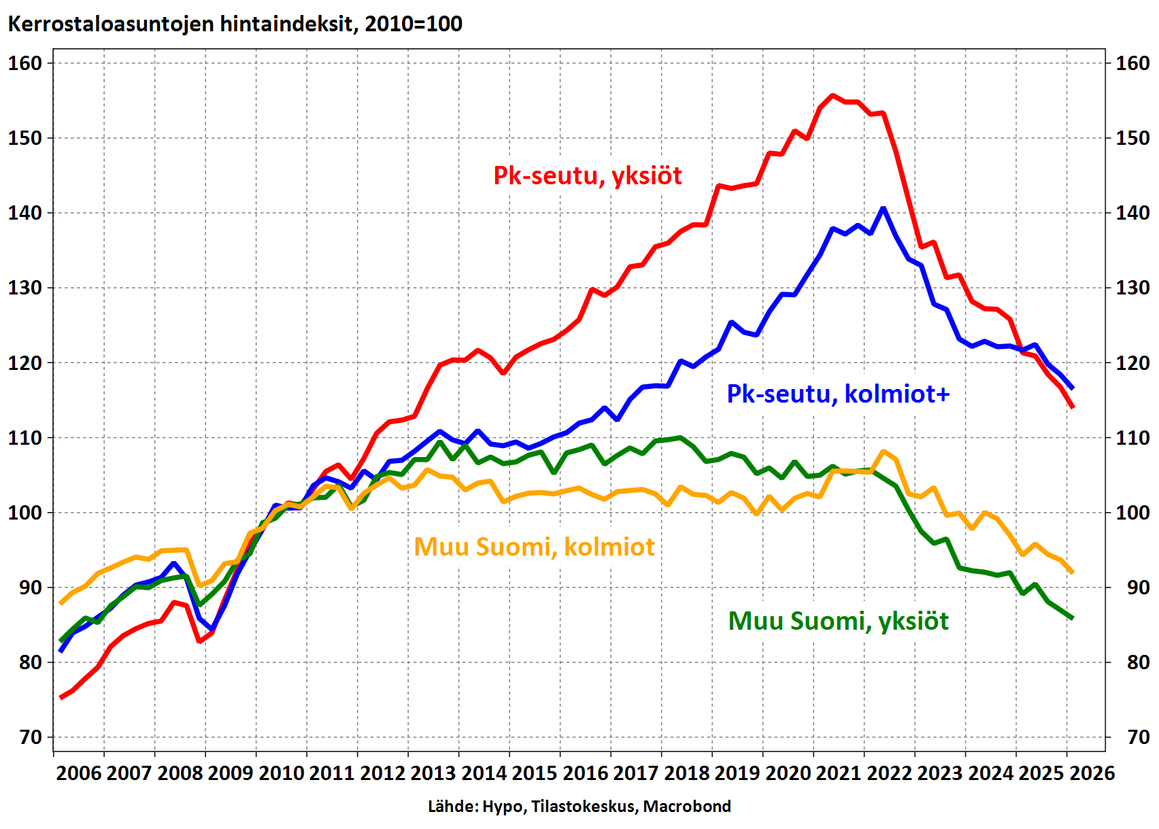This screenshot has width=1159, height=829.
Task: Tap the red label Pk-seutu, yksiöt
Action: [587, 176]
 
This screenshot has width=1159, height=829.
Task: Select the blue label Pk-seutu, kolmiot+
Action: [838, 394]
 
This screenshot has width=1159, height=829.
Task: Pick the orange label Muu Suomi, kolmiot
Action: [534, 547]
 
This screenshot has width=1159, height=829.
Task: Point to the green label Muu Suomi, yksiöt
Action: [838, 622]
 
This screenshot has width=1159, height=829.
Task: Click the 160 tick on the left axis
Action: [25, 63]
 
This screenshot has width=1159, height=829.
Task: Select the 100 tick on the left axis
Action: [25, 513]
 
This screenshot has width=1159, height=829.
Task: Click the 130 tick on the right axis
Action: [1132, 288]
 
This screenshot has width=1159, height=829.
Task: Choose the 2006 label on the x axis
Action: [79, 773]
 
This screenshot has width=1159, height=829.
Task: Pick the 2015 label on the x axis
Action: [535, 773]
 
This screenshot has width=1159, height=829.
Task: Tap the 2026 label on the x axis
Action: [1092, 773]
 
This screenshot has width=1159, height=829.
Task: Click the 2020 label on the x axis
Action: [788, 773]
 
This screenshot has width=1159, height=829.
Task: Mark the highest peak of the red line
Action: [833, 95]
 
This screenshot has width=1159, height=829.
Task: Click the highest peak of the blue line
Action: [884, 209]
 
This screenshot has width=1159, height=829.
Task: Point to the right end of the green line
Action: [1072, 618]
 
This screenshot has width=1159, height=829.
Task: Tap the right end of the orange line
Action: [1072, 573]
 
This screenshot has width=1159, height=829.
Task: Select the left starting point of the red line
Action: [61, 698]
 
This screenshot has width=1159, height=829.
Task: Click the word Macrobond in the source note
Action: [687, 807]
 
